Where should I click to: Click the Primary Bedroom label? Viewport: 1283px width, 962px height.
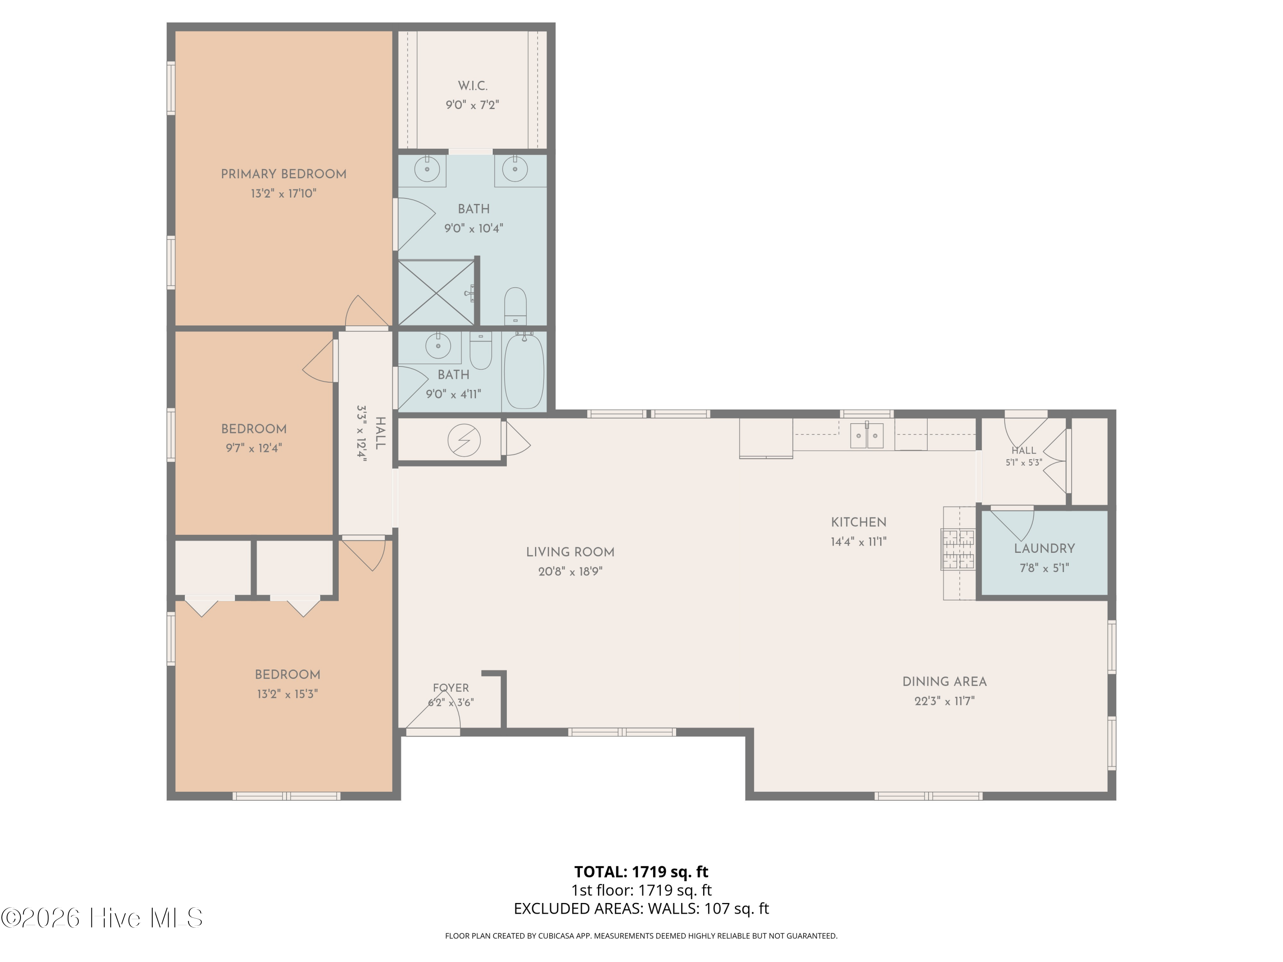[x=284, y=174]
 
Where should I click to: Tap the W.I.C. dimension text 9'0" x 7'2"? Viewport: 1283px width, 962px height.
[x=472, y=105]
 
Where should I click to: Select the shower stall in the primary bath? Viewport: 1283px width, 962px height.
[x=436, y=292]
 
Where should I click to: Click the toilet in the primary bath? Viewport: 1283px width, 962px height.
[x=515, y=306]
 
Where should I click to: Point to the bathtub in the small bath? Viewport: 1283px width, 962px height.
[x=524, y=371]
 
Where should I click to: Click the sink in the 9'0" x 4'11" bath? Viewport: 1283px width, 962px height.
[x=438, y=346]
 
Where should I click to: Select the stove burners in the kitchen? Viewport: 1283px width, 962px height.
[x=958, y=549]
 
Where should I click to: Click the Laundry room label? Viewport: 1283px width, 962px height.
[x=1044, y=549]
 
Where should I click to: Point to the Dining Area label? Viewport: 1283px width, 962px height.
[x=944, y=682]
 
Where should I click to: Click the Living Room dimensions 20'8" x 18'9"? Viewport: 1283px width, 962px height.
[x=570, y=572]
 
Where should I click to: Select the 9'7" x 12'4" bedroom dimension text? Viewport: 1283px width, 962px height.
[x=254, y=448]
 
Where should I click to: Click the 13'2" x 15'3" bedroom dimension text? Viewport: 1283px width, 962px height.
[x=287, y=694]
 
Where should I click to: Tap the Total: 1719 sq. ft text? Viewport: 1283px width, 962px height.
[x=641, y=871]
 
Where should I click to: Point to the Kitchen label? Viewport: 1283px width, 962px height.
[x=858, y=522]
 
